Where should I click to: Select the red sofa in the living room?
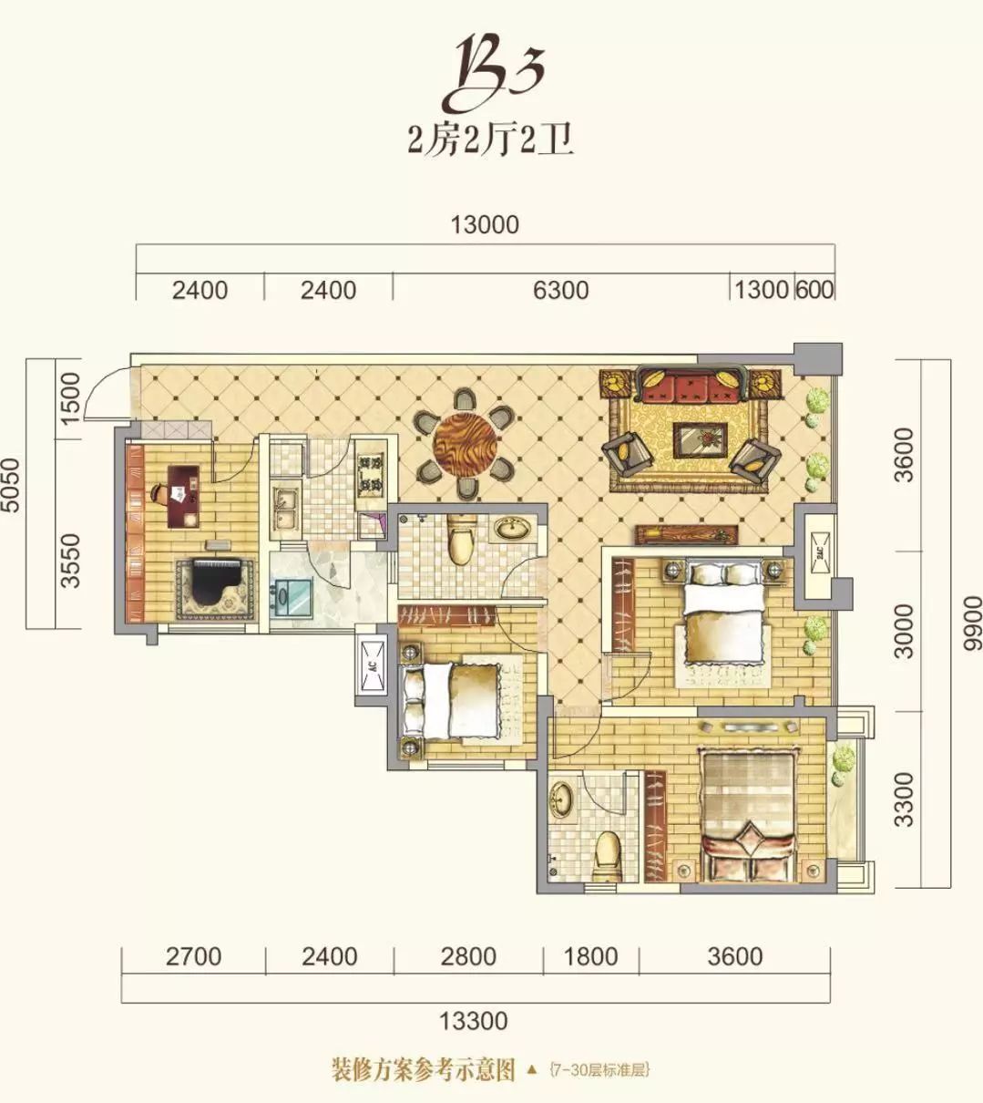click(x=691, y=386)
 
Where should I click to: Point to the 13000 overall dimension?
click(x=485, y=225)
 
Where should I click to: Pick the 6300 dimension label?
click(x=560, y=290)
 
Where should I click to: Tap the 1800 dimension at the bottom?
click(x=590, y=956)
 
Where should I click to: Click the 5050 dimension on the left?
click(x=10, y=485)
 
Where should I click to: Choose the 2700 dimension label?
click(x=193, y=956)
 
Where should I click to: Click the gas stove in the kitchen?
click(x=371, y=472)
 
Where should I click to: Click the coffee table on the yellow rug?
click(x=700, y=440)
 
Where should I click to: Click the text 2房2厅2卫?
click(x=491, y=142)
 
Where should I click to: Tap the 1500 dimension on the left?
click(x=71, y=398)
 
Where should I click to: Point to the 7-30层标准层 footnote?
click(x=599, y=1070)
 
